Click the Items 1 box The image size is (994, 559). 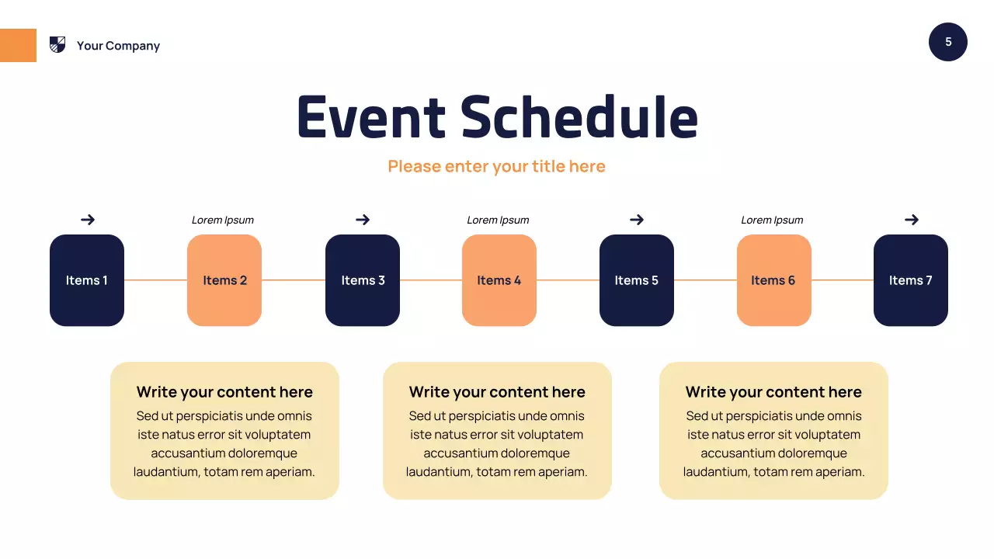coord(87,280)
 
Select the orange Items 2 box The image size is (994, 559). coord(224,280)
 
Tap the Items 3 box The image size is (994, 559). coord(363,280)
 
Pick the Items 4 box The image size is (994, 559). coord(499,280)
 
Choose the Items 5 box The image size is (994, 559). coord(637,280)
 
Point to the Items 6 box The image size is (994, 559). coord(773,280)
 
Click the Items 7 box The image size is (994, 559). coord(911,280)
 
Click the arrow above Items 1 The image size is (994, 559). coord(88,220)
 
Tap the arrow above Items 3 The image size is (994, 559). coord(363,220)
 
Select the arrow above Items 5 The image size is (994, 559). coord(637,220)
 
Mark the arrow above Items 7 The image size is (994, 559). coord(912,220)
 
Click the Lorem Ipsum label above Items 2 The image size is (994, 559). coord(223,220)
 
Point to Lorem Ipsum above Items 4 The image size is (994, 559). coord(498,220)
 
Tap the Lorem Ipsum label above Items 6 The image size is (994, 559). coord(772,220)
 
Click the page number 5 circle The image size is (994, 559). coord(948,42)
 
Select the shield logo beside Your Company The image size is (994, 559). coord(57,45)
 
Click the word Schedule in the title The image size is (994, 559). coord(579,117)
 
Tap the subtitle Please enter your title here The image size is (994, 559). coord(496,166)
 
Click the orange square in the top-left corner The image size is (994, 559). coord(18,45)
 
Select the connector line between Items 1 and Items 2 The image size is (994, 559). coord(155,280)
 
